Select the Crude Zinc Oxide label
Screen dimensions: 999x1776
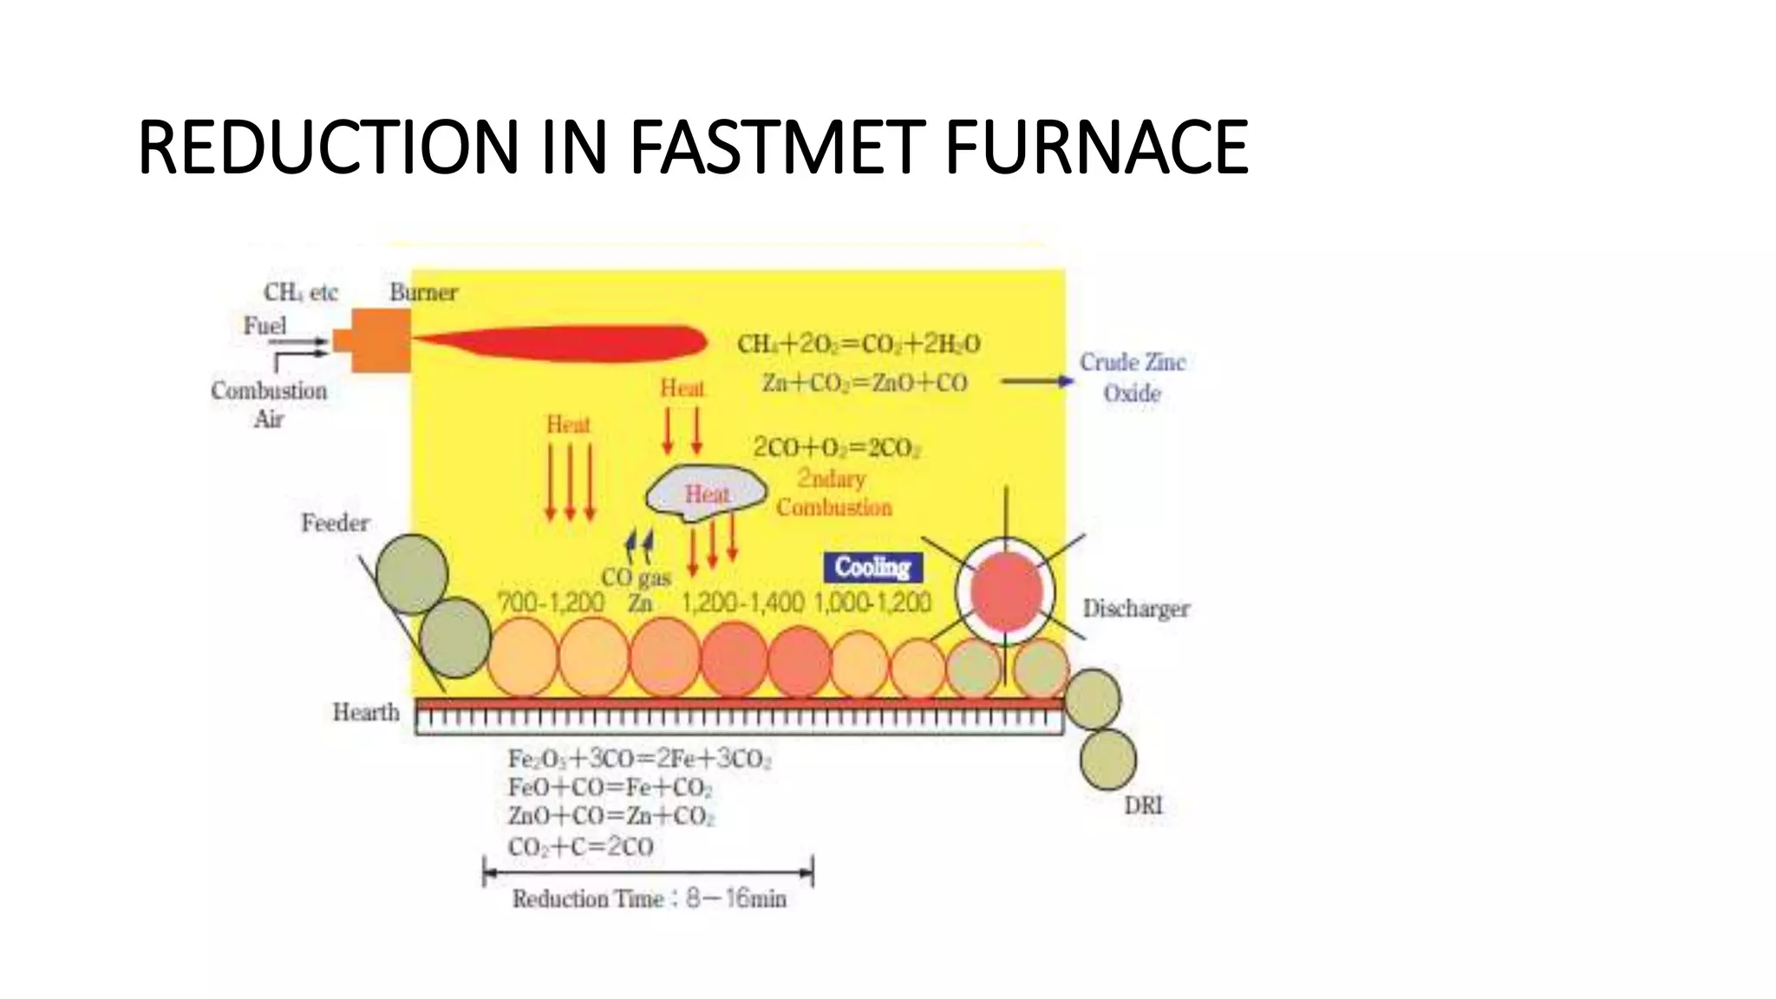1132,377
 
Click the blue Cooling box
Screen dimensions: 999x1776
872,568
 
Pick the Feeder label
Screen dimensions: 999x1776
335,523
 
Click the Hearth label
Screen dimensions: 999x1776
366,712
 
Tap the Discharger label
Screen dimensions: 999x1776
1136,609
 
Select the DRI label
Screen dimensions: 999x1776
1143,805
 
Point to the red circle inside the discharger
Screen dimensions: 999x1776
1006,591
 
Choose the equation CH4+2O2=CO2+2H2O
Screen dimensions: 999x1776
859,344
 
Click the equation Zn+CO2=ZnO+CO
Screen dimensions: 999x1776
865,382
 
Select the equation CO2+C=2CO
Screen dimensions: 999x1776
580,846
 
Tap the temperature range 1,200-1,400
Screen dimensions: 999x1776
743,602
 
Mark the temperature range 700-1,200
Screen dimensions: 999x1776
551,602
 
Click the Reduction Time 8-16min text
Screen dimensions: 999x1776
649,898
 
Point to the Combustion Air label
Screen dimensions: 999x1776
269,404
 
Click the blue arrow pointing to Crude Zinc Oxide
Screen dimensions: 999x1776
1036,381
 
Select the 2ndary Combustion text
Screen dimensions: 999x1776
833,493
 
